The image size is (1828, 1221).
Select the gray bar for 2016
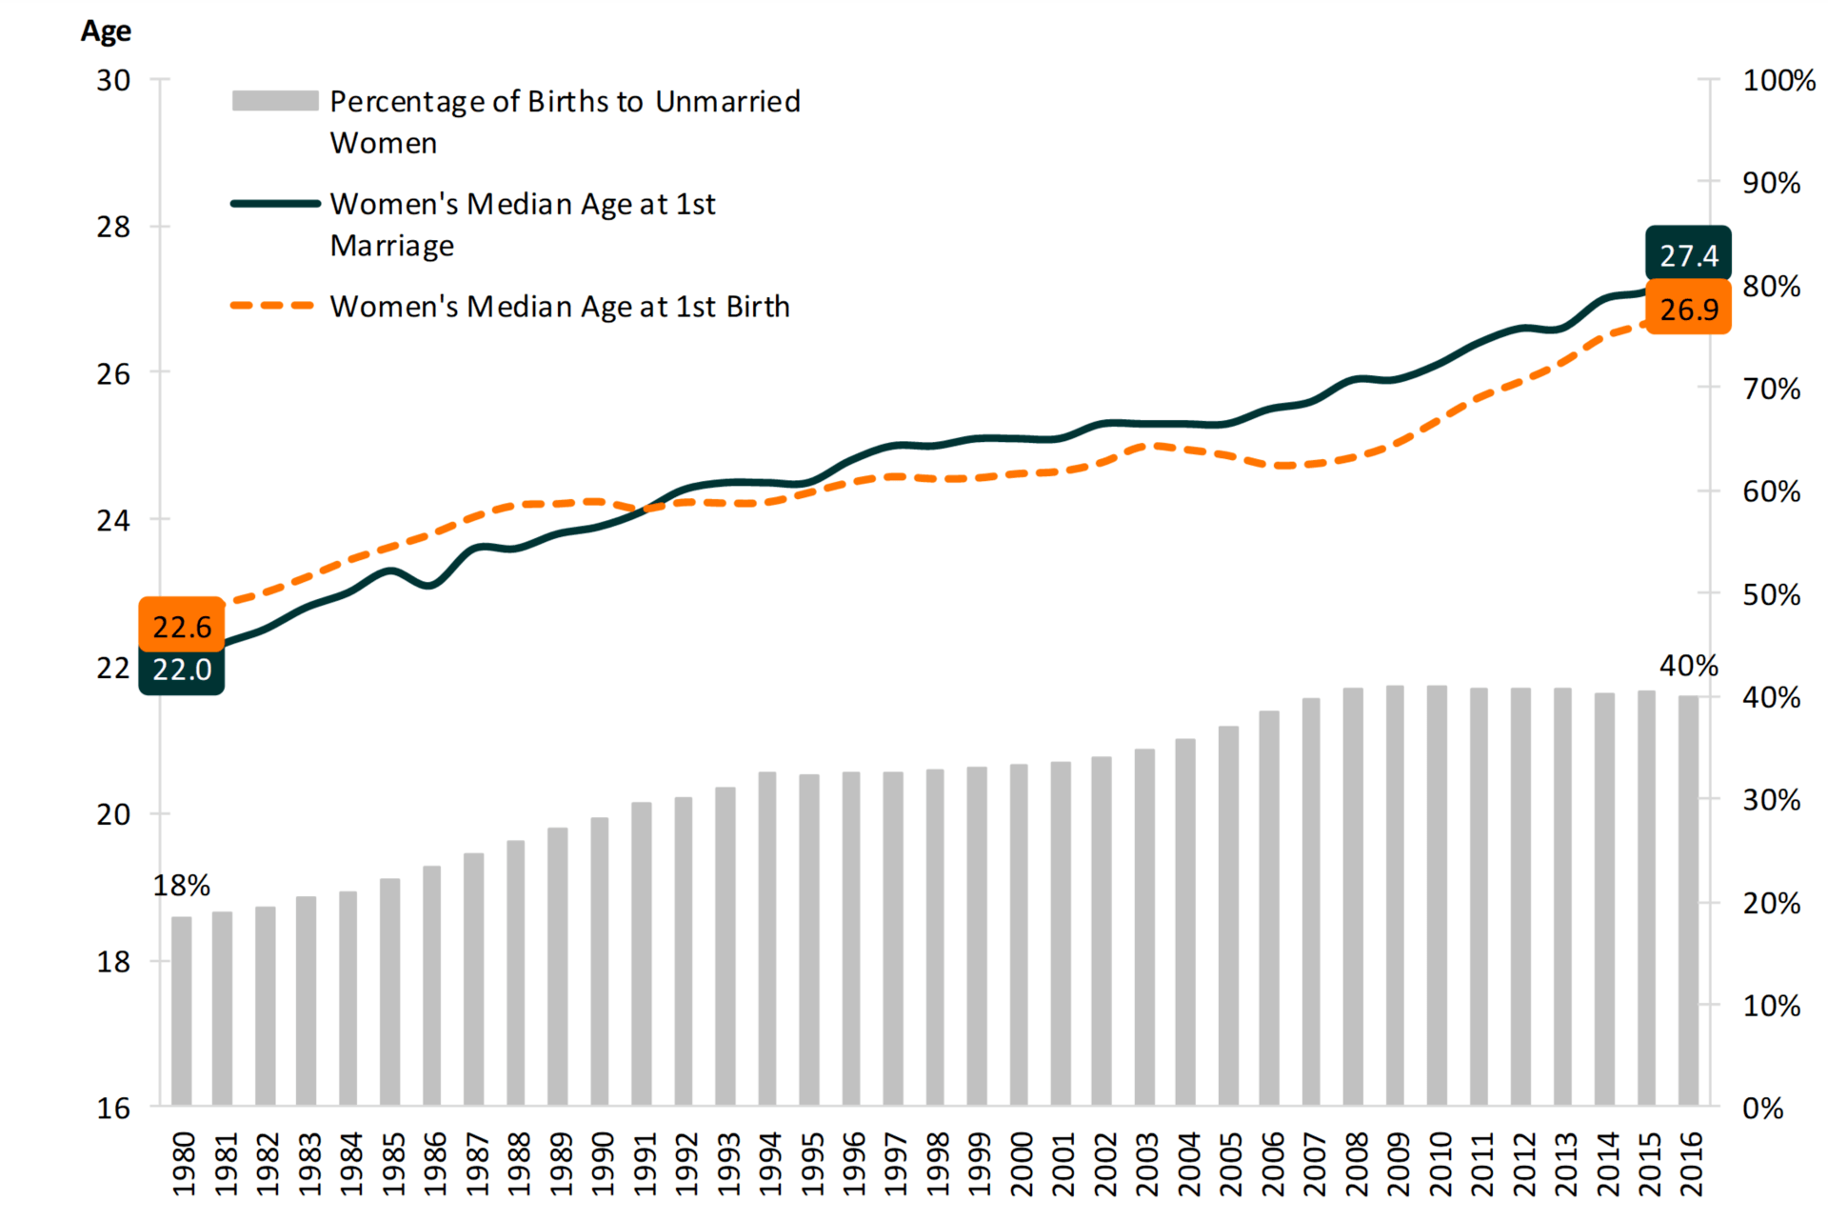[1689, 900]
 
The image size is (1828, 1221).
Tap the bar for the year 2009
[1396, 895]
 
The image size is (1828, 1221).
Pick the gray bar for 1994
[767, 938]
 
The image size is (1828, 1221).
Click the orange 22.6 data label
[182, 626]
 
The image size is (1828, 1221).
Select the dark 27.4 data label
[1688, 255]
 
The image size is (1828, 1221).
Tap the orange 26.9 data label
[1688, 309]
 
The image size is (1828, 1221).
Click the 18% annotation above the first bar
[181, 886]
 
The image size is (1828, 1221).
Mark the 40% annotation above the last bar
[1688, 666]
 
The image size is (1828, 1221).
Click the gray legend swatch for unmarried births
[275, 101]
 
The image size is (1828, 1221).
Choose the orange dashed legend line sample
[273, 306]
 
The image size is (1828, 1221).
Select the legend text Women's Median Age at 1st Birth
[560, 307]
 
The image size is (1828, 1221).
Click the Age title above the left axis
[106, 31]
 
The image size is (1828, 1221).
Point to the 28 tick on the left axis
[113, 227]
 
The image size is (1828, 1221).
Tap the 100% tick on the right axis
[1778, 80]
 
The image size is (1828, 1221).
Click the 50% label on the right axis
[1771, 594]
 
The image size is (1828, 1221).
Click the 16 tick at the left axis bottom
[113, 1108]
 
